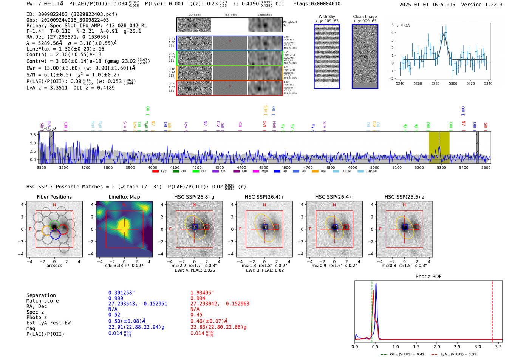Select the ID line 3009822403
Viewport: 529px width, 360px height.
tap(72, 14)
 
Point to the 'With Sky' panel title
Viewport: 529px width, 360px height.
tap(326, 17)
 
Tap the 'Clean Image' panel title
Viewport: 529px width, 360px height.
tap(365, 17)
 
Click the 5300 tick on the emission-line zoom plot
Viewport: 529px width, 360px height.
tap(453, 83)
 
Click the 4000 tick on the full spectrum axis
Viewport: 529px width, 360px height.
tap(152, 167)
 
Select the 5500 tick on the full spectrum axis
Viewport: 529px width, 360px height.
tap(486, 167)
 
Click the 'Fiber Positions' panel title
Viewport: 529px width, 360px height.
tap(54, 197)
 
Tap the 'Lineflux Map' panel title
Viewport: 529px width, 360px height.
tap(124, 197)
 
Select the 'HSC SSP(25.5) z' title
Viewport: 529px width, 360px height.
tap(404, 197)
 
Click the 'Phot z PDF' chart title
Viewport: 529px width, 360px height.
tap(428, 276)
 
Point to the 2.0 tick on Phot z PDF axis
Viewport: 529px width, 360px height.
tap(436, 346)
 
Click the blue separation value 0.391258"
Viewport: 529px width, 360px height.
tap(121, 293)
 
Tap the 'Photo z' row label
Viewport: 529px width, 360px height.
tap(37, 317)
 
